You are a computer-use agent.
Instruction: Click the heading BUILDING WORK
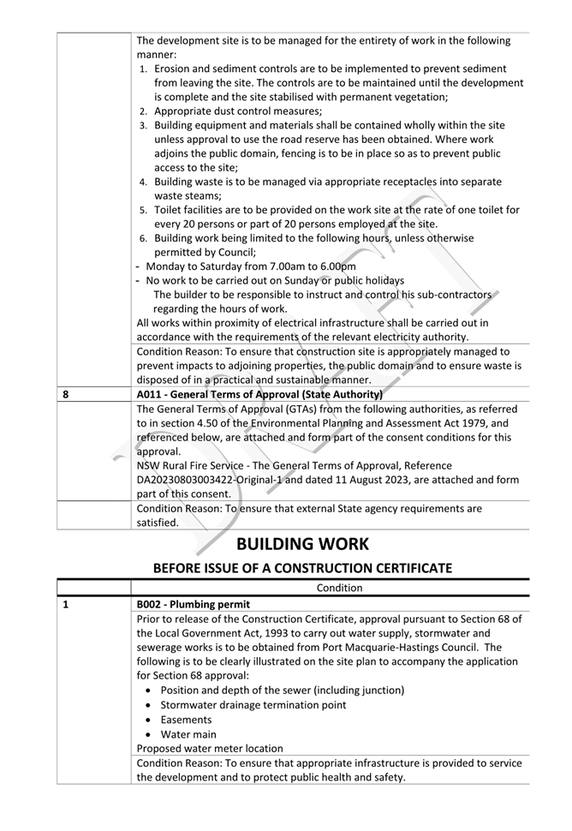302,543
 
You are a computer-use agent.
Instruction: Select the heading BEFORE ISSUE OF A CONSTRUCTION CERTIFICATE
302,568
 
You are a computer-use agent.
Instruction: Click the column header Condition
340,588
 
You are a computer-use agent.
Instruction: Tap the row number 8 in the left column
66,394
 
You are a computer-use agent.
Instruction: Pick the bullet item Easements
186,720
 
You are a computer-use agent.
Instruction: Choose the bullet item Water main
188,734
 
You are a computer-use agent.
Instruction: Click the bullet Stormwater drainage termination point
253,705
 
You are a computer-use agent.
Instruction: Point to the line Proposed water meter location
210,749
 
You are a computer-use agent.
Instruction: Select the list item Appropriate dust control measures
238,111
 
